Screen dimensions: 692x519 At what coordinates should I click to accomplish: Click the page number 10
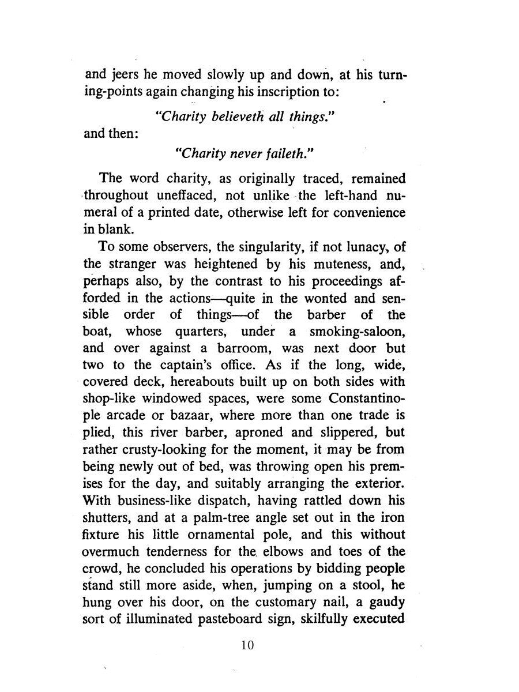[x=247, y=645]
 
